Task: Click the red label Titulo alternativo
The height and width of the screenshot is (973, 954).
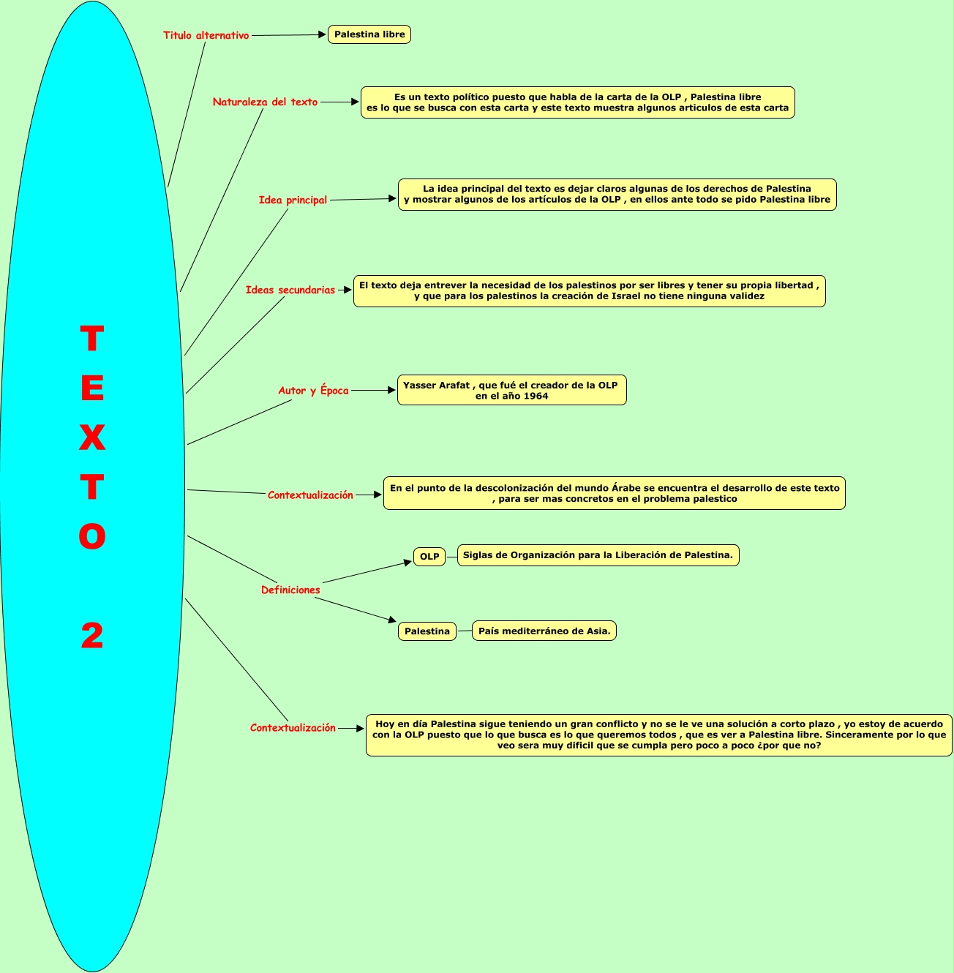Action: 206,35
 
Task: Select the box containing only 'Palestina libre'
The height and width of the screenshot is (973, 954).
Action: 369,34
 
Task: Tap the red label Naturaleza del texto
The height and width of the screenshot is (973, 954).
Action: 265,102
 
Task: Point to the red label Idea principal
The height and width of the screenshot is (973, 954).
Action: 293,200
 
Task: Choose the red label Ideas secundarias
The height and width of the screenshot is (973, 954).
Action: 290,290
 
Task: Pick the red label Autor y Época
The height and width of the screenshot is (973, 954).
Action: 313,391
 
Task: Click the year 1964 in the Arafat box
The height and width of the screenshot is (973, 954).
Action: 536,396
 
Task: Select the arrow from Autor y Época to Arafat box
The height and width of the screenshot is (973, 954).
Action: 373,391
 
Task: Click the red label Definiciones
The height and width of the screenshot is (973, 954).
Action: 290,590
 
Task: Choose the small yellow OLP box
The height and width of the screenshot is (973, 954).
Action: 429,557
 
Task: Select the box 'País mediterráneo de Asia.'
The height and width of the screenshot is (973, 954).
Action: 544,631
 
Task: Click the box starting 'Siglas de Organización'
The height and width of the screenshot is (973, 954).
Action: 598,555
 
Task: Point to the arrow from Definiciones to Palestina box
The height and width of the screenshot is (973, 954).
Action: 356,610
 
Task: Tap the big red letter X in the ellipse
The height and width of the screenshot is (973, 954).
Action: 92,437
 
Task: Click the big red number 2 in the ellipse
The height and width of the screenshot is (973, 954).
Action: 92,636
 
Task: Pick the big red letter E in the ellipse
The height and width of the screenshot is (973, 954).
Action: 92,388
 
